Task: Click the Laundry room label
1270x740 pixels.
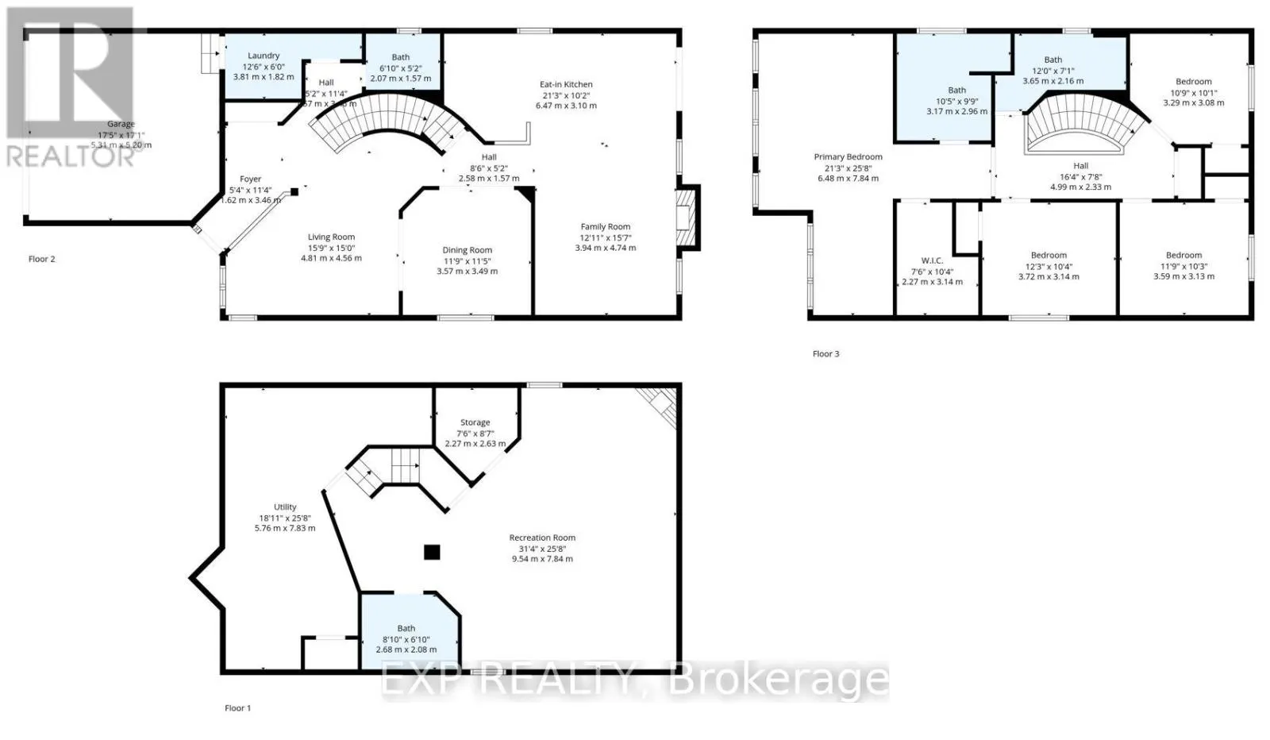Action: pos(263,56)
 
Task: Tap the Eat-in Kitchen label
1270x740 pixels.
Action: pos(566,84)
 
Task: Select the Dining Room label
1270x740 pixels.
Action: pos(467,250)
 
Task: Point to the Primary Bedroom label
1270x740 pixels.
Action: pos(848,157)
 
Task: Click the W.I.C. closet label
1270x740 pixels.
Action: pos(932,260)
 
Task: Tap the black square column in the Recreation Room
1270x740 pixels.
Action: pos(431,552)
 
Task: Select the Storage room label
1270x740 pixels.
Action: pos(475,422)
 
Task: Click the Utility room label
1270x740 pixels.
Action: pos(285,507)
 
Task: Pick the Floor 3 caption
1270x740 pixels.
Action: pos(825,353)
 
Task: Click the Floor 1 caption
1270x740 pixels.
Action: pos(237,707)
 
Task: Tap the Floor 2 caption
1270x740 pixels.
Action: pos(41,259)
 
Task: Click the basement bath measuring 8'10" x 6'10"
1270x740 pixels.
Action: pos(406,639)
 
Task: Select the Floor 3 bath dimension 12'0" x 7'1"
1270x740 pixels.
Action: pos(1053,71)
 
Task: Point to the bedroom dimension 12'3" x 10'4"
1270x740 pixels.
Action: pos(1049,266)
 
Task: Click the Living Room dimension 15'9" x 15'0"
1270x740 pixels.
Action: pos(331,248)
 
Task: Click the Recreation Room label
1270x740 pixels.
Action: pos(542,538)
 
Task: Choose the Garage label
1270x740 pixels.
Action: pos(121,124)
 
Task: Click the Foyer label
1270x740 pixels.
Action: pos(250,179)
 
